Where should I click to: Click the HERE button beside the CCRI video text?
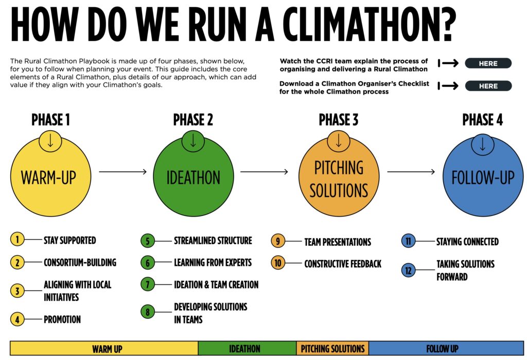488,63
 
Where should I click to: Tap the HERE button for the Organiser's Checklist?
488,86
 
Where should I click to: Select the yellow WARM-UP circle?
50,176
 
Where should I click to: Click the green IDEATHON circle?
194,176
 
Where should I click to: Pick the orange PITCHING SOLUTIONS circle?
339,176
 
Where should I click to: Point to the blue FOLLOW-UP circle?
483,176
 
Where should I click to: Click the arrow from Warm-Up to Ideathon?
122,172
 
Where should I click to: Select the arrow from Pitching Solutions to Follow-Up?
411,172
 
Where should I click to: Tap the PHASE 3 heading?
339,120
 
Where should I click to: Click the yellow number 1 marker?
17,240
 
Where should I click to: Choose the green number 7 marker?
148,284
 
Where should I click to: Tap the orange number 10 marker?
278,263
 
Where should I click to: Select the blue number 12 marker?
408,271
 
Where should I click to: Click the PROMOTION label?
62,319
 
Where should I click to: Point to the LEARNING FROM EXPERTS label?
213,263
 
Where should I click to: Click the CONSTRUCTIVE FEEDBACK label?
343,264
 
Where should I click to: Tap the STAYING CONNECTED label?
467,242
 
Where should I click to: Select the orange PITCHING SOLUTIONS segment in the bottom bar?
332,349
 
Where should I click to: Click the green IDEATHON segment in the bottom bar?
247,349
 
